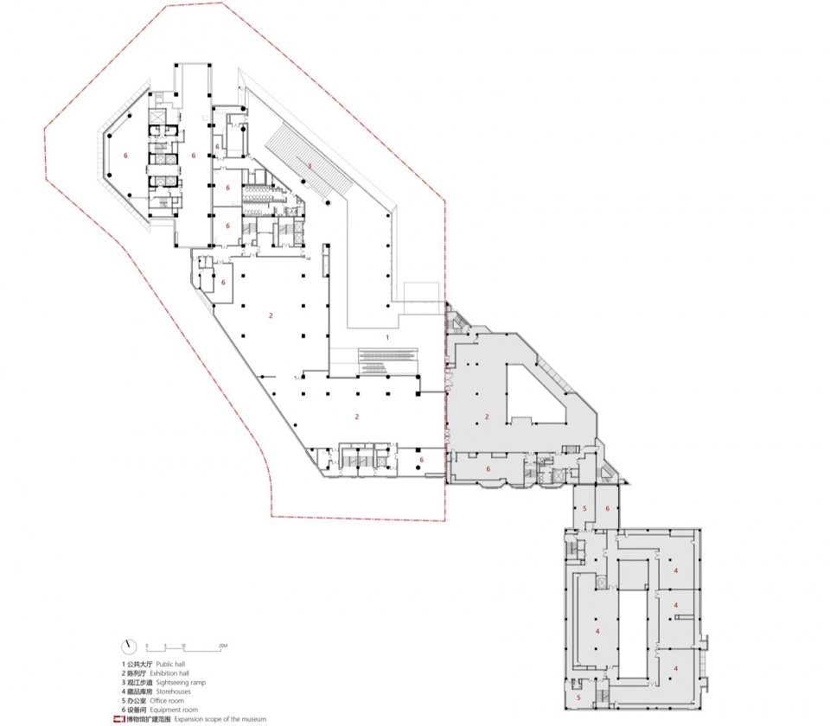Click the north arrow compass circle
[x=129, y=646]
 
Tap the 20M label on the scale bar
[x=222, y=645]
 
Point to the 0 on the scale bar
[x=148, y=645]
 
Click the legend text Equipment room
[x=173, y=710]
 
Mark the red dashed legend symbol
[x=118, y=719]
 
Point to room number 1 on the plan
[x=386, y=337]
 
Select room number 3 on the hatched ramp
[x=308, y=164]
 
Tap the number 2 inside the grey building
[x=487, y=417]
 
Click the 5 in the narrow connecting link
[x=584, y=509]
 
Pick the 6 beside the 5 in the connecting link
[x=608, y=509]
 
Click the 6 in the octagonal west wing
[x=126, y=156]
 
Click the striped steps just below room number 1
[x=386, y=358]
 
